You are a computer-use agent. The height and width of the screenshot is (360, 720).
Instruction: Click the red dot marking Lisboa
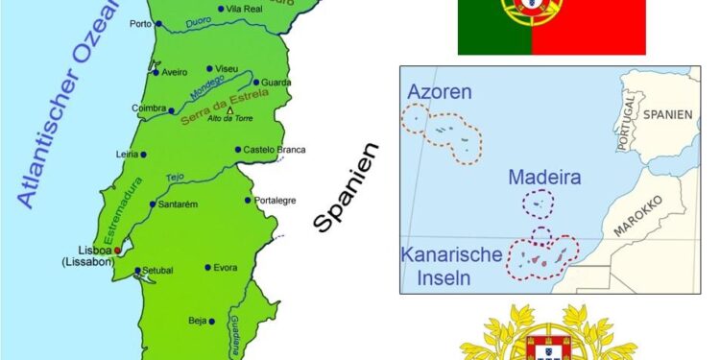coord(118,251)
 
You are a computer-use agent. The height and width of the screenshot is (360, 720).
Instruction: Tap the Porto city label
coord(140,23)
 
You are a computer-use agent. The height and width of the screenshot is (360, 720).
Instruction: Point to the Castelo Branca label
coord(275,150)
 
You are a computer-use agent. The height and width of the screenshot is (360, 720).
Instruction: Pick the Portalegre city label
coord(276,201)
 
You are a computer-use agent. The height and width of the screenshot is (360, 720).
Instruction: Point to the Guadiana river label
coord(234,331)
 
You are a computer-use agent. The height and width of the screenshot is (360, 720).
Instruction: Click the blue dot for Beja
coord(215,321)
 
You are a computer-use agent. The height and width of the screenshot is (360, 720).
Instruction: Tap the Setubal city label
coord(157,271)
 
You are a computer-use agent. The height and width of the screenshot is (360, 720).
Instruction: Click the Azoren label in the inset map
coord(439,92)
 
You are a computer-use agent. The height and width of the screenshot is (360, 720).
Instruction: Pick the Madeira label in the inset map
coord(543,179)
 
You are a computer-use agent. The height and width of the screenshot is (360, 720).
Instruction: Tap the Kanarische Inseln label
coord(451,266)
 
